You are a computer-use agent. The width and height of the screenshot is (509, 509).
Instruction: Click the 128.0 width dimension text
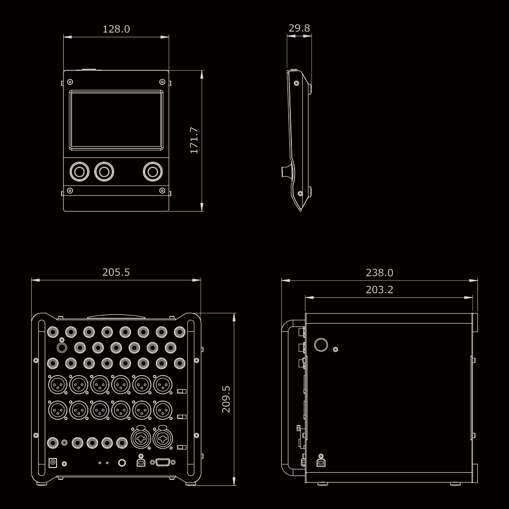(x=116, y=29)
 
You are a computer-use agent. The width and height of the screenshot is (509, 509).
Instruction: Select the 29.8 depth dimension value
(x=299, y=28)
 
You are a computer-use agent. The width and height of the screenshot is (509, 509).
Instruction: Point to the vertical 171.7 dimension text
(x=194, y=140)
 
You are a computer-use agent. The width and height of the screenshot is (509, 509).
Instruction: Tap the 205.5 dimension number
(x=116, y=272)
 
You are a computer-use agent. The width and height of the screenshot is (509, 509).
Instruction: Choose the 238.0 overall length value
(x=379, y=273)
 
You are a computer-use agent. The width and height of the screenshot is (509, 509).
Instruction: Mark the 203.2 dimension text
(x=379, y=290)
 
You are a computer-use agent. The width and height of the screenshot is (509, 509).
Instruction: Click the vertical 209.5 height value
(x=226, y=399)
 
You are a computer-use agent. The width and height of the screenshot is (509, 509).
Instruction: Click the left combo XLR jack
(x=141, y=438)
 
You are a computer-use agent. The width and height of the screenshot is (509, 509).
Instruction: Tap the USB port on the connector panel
(x=141, y=463)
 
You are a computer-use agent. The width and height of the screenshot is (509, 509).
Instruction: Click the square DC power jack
(x=53, y=463)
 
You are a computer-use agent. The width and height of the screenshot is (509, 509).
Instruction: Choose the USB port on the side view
(x=321, y=463)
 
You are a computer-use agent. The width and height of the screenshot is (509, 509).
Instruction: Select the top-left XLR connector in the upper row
(x=57, y=385)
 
